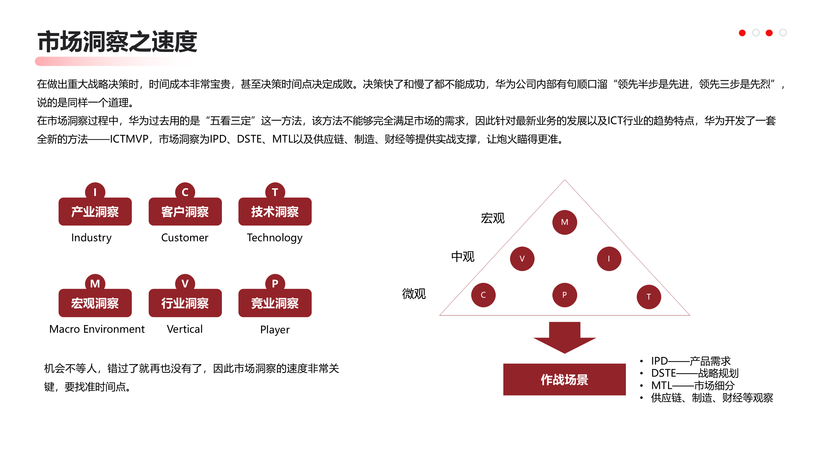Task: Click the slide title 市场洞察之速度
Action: tap(117, 42)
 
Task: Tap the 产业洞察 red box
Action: tap(95, 212)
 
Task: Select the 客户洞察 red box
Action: tap(185, 212)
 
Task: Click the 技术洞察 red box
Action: tap(275, 212)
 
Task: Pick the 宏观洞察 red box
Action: tap(95, 303)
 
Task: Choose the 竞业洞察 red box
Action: tap(275, 303)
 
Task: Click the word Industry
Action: tap(91, 238)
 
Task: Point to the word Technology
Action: tap(275, 238)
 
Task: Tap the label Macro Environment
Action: tap(97, 329)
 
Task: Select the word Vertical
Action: tap(185, 329)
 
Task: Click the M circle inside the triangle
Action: tap(564, 222)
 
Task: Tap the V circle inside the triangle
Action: tap(522, 259)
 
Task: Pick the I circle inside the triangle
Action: tap(609, 259)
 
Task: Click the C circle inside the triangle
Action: tap(483, 295)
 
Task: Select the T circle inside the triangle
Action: tap(648, 297)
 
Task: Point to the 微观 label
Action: tap(414, 294)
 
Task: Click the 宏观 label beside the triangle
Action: tap(493, 218)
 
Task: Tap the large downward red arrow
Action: tap(564, 337)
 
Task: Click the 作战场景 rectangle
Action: tap(564, 379)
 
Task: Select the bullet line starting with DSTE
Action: tap(695, 373)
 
